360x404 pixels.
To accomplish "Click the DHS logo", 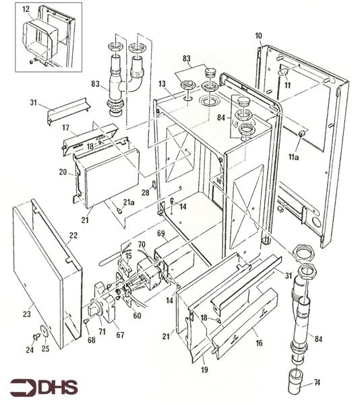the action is (44, 386).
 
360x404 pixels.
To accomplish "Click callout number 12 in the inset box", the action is (26, 9).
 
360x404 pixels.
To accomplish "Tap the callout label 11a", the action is (293, 157).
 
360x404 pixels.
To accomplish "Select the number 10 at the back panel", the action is (259, 36).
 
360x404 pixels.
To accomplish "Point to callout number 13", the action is (162, 84).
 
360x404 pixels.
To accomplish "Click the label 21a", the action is (129, 202).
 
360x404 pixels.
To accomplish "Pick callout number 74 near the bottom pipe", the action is (317, 382).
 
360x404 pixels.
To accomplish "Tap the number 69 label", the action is (161, 234).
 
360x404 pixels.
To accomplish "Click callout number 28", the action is (146, 193).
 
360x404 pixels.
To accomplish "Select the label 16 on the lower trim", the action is (259, 343).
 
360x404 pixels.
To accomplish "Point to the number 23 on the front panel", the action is (27, 314).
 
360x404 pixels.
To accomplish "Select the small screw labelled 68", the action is (87, 321).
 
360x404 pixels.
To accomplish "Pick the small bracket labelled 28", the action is (154, 184).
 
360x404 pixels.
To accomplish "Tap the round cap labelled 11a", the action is (301, 134).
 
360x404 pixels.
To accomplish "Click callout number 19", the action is (204, 370).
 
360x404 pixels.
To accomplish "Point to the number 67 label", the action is (120, 335).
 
